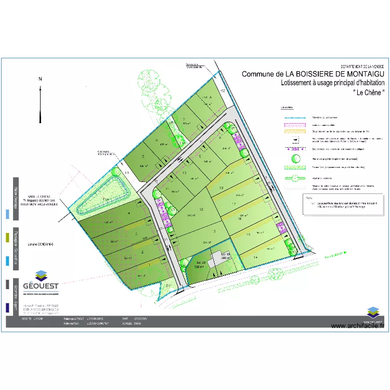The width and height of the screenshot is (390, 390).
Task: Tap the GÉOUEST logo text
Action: click(x=46, y=286)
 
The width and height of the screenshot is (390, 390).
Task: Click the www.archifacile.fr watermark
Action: click(x=357, y=326)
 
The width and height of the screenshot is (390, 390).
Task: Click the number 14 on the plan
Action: click(x=255, y=257)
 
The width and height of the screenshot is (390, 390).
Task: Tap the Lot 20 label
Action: click(x=201, y=262)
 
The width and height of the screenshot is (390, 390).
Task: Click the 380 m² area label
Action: click(x=226, y=258)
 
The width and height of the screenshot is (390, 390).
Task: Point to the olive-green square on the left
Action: click(x=7, y=237)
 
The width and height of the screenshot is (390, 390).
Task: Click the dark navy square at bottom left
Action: click(x=7, y=308)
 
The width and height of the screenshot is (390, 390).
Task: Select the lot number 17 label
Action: click(x=234, y=204)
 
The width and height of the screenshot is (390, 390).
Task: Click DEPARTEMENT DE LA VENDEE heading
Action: click(x=362, y=67)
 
